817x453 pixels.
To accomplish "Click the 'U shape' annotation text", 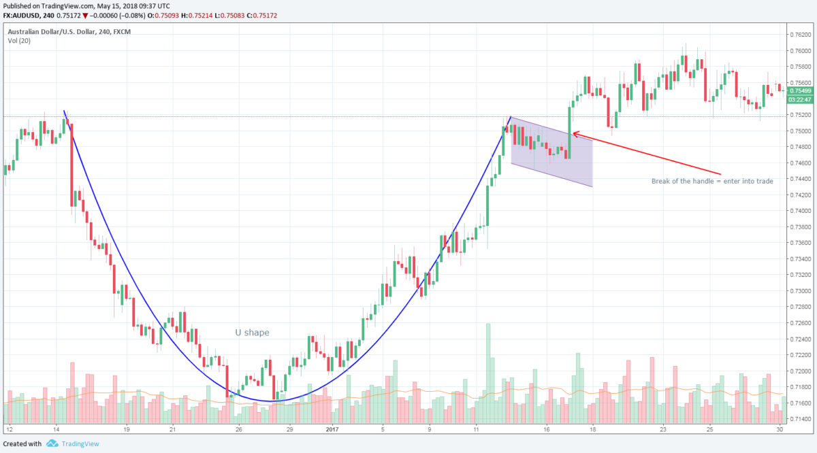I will pyautogui.click(x=252, y=333).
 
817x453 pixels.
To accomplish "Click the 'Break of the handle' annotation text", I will pyautogui.click(x=711, y=182).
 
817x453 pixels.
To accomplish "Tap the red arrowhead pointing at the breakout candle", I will pyautogui.click(x=574, y=133).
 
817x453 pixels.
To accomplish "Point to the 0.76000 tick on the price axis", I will pyautogui.click(x=800, y=50).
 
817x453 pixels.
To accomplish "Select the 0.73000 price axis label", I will pyautogui.click(x=800, y=291).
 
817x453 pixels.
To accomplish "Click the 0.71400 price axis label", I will pyautogui.click(x=800, y=420).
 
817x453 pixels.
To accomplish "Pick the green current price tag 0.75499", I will pyautogui.click(x=800, y=90).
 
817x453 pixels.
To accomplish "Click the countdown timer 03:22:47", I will pyautogui.click(x=800, y=99).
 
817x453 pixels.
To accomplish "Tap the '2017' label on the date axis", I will pyautogui.click(x=332, y=430).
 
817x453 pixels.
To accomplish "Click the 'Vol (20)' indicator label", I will pyautogui.click(x=18, y=41).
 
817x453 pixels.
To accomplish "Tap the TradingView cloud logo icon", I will pyautogui.click(x=52, y=444).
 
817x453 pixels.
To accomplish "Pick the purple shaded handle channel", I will pyautogui.click(x=551, y=153).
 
